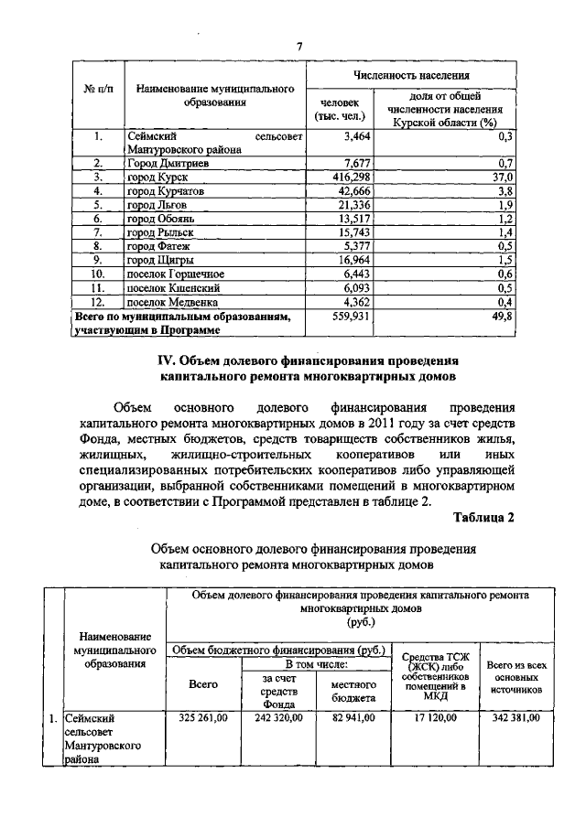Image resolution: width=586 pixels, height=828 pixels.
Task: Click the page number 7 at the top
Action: pyautogui.click(x=298, y=47)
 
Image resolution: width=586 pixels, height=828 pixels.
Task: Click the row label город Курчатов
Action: pyautogui.click(x=166, y=190)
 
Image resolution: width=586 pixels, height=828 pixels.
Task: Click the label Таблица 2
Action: pyautogui.click(x=483, y=517)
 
